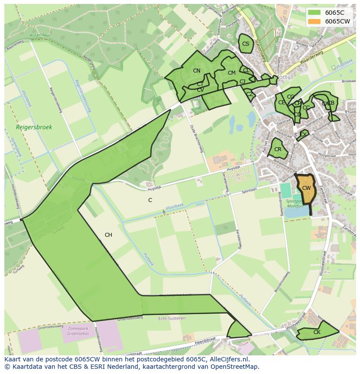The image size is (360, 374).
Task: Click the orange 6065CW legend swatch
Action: pos(315,21)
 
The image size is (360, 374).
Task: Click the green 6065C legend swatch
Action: pos(315,13)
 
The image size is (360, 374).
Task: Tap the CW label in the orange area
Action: pos(306,188)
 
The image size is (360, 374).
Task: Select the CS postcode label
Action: pos(246,44)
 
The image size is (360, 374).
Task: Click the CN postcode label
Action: pos(197,71)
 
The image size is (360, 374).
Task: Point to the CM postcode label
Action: pos(231,73)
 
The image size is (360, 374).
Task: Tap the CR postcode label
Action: pos(278,149)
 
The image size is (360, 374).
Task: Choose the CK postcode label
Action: pos(317,332)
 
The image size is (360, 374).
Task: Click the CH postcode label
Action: pos(108,235)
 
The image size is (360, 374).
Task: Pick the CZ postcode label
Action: pos(250,94)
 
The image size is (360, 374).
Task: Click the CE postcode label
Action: pos(282,103)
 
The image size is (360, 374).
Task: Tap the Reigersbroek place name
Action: pos(34,127)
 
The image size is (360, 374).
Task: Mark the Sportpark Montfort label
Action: pos(295,204)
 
